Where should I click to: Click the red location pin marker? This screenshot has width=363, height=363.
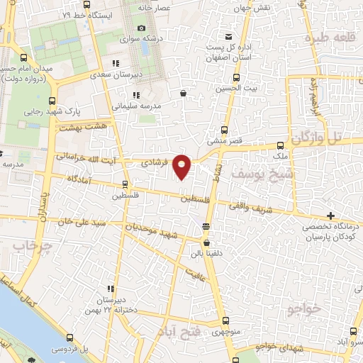point(182,167)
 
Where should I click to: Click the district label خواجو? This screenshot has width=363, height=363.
point(306,308)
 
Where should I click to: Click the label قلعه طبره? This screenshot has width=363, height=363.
point(328,37)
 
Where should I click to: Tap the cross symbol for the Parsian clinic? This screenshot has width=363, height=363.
point(330,216)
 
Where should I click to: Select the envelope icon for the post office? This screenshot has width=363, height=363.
point(228,37)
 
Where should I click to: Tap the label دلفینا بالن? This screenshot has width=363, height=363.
point(207,252)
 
